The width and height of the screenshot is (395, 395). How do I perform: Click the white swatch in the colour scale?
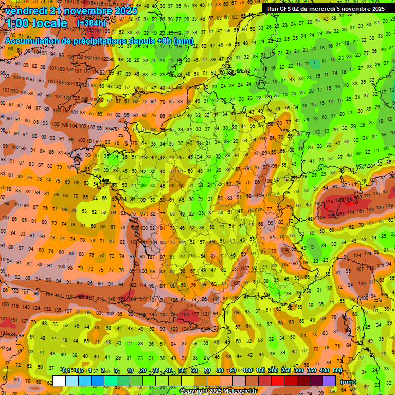click(59, 381)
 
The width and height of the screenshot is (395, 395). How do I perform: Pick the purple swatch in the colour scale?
click(330, 381)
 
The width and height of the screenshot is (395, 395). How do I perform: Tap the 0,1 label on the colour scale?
click(66, 371)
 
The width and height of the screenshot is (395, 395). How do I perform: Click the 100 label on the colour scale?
click(248, 371)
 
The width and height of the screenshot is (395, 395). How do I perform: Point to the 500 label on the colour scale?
click(337, 371)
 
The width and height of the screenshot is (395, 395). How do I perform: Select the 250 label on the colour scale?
click(286, 371)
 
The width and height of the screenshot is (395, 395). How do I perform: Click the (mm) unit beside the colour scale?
click(348, 381)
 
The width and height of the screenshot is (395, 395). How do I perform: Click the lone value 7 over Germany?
click(314, 63)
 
